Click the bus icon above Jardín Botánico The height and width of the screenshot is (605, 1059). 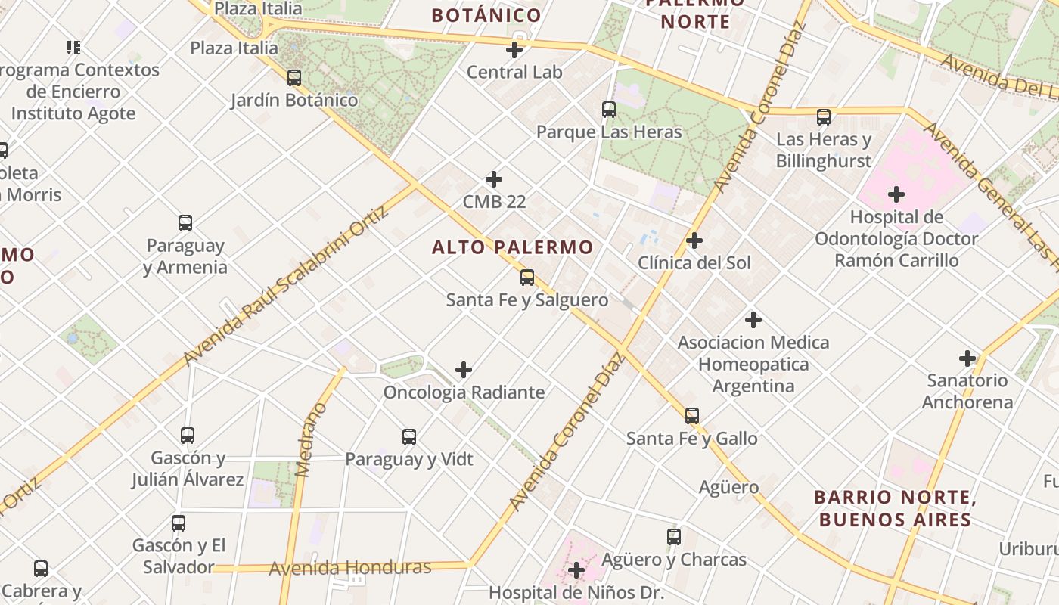coord(294,77)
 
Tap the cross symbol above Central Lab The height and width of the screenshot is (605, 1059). coord(514,51)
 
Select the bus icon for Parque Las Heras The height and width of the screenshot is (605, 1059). coord(609,109)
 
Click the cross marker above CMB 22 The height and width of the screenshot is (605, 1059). coord(494,179)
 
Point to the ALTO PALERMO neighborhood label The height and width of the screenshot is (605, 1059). coord(512,247)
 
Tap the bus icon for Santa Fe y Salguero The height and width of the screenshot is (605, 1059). coord(527,278)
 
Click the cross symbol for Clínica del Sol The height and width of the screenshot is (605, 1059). coord(694,240)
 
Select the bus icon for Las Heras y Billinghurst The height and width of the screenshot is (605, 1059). coord(824,117)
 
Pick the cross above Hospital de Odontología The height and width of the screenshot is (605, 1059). coord(896,194)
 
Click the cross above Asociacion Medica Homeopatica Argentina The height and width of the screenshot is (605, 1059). coord(753,319)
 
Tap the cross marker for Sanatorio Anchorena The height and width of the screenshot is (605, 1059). coord(967,358)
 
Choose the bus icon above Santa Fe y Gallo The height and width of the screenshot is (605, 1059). coord(692,415)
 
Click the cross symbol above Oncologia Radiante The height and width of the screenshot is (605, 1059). coord(464,370)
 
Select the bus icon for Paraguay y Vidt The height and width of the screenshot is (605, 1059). coord(409,436)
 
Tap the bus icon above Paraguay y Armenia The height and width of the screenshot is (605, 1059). coord(185,223)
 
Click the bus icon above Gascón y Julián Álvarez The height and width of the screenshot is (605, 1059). coord(188,435)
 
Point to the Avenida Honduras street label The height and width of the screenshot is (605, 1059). coord(350,567)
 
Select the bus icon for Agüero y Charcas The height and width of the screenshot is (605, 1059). coord(674,537)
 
